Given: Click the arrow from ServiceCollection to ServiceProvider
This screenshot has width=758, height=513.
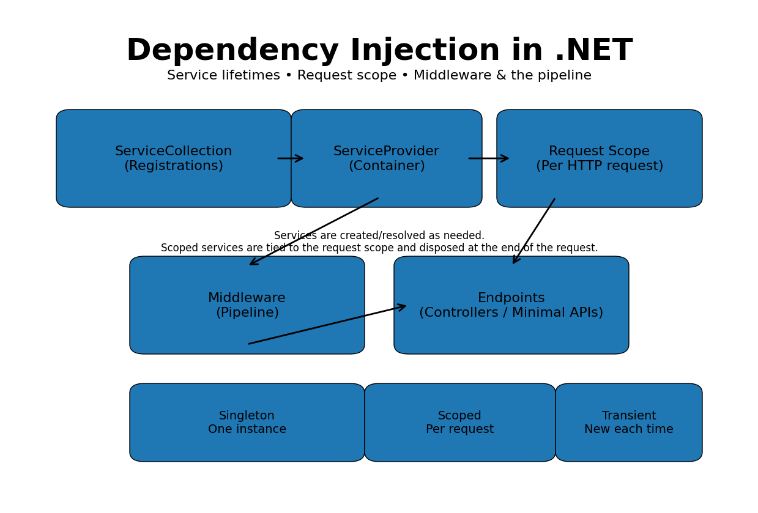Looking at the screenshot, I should (x=291, y=158).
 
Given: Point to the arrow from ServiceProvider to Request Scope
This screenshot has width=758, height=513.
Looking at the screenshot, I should (x=489, y=158).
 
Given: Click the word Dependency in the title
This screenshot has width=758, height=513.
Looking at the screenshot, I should (x=232, y=51).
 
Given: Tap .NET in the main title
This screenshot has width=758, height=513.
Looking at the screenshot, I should (x=593, y=51).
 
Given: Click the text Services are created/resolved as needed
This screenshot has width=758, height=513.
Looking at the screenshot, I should (x=379, y=236).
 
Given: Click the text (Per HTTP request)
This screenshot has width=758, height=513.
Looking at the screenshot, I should (x=599, y=166).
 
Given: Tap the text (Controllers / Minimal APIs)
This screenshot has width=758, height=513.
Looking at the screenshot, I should (x=511, y=313).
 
